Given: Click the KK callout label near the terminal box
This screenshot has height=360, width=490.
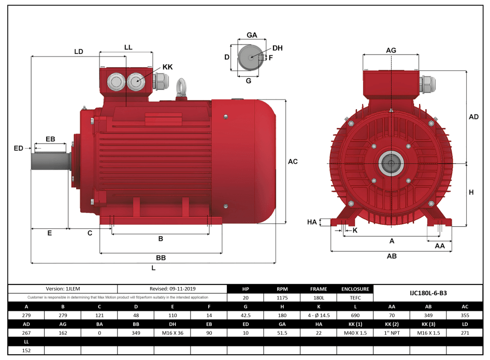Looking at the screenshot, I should tap(167, 67).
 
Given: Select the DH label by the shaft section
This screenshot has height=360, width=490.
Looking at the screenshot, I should tap(278, 48).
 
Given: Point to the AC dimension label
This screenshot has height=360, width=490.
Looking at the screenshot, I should tap(293, 162).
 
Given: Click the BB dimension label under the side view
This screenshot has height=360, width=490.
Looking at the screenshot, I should tap(161, 257).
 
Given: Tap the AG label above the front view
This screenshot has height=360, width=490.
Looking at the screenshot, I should tap(392, 50).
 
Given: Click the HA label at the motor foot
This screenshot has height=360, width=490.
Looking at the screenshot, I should tap(312, 222).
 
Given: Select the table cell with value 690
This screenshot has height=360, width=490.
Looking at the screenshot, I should tap(355, 315).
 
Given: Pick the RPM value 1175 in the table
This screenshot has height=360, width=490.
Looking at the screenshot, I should tap(282, 298).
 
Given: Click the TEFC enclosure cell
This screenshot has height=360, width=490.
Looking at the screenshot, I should tap(355, 298).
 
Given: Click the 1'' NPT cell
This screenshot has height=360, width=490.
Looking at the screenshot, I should tap(392, 333).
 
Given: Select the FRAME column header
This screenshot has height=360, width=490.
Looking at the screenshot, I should tap(319, 289).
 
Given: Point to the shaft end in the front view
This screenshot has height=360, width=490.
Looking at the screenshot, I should tap(391, 164).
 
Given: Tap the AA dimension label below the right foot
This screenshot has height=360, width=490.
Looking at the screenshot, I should tap(440, 246).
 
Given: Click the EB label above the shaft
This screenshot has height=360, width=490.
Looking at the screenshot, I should tap(50, 139).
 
